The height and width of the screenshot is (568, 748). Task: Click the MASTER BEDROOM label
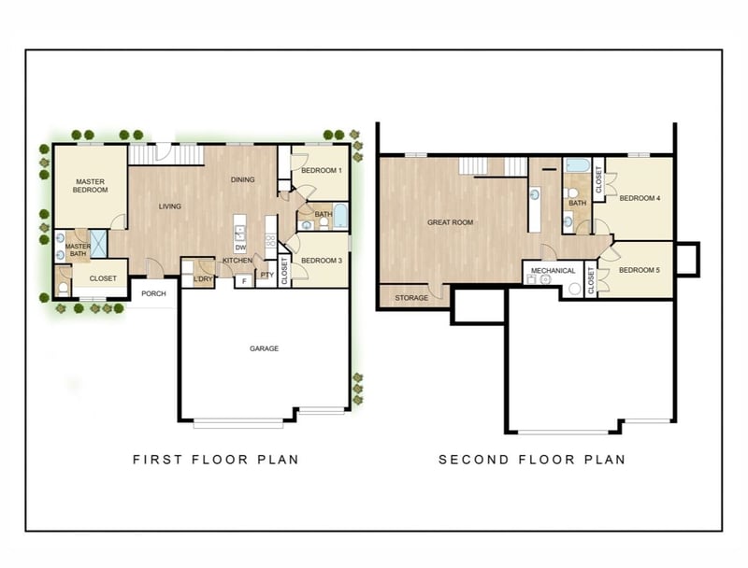pyautogui.click(x=90, y=185)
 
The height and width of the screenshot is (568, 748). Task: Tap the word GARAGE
pyautogui.click(x=264, y=348)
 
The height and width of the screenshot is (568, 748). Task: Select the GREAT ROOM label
pyautogui.click(x=451, y=222)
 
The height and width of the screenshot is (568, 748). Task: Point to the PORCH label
pyautogui.click(x=153, y=293)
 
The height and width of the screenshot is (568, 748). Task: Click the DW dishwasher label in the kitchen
pyautogui.click(x=241, y=248)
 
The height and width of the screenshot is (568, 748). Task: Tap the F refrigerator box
pyautogui.click(x=244, y=281)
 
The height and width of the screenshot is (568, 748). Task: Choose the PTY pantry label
pyautogui.click(x=267, y=275)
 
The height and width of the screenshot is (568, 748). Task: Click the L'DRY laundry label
pyautogui.click(x=203, y=278)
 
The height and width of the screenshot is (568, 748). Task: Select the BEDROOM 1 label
pyautogui.click(x=322, y=171)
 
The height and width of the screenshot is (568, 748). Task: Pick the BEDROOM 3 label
pyautogui.click(x=322, y=261)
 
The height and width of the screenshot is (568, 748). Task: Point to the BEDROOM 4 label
pyautogui.click(x=640, y=198)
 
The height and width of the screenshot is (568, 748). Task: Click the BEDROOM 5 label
pyautogui.click(x=640, y=270)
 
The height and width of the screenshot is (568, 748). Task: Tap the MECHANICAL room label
pyautogui.click(x=553, y=271)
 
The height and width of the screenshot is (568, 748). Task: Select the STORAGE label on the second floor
pyautogui.click(x=411, y=298)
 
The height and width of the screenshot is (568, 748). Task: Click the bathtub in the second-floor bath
pyautogui.click(x=577, y=166)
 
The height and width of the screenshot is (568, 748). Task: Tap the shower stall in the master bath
pyautogui.click(x=99, y=244)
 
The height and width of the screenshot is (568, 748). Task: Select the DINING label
pyautogui.click(x=242, y=179)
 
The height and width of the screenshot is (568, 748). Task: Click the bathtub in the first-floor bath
pyautogui.click(x=340, y=217)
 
